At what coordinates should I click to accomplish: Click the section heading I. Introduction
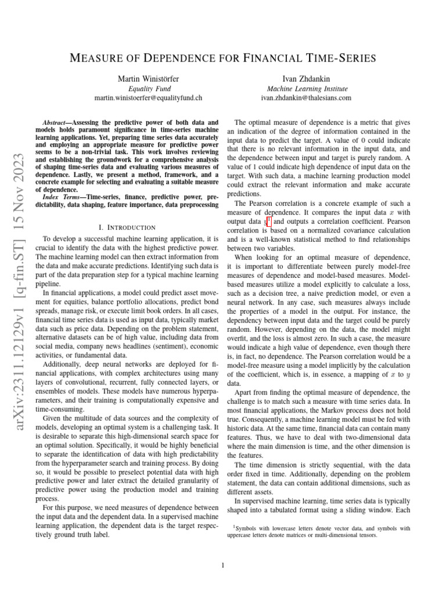click(x=127, y=227)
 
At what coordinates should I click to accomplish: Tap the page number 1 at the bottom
click(x=223, y=566)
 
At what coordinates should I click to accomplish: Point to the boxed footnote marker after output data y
click(x=269, y=220)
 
